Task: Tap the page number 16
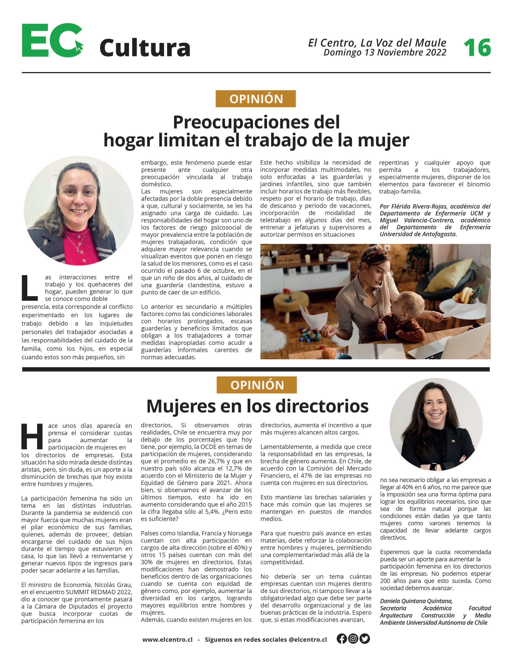[x=477, y=48]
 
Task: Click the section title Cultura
[x=145, y=48]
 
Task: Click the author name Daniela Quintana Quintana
[x=416, y=601]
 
